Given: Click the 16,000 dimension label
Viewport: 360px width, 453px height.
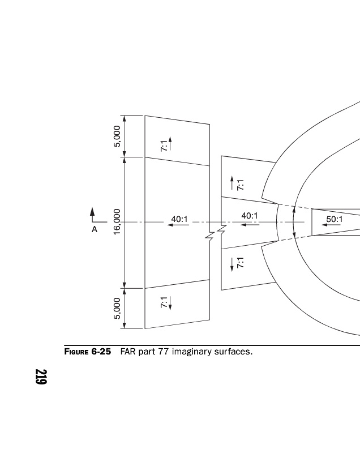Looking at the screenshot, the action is (117, 222).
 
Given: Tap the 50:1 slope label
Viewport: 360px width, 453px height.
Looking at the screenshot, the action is (335, 219).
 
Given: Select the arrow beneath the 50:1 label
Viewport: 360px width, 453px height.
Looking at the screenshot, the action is (331, 225).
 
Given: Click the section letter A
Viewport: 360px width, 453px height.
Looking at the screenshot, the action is (95, 229).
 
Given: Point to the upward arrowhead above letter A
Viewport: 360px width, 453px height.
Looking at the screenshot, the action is (92, 211).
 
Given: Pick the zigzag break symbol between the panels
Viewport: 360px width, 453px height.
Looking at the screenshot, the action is (215, 232).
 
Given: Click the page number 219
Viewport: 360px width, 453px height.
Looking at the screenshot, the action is (41, 377).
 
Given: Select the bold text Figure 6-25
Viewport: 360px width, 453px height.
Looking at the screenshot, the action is (88, 352).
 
